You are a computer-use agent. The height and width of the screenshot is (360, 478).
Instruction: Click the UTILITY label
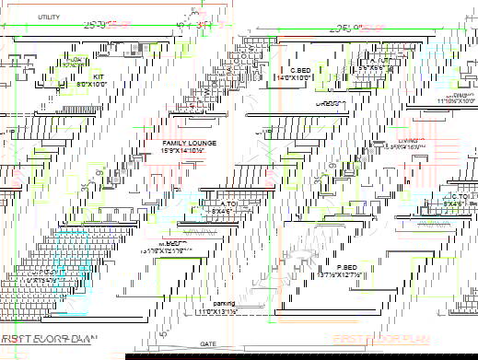point(49,17)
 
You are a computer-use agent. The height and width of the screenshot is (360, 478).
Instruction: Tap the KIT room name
point(98,76)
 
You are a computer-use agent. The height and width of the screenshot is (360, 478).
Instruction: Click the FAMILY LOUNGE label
point(189,144)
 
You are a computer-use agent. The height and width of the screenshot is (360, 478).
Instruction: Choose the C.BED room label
point(299,71)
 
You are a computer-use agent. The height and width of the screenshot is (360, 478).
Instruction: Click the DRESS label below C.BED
point(325,104)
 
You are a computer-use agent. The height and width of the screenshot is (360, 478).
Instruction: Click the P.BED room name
point(332,267)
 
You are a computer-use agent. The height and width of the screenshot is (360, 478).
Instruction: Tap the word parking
point(224,303)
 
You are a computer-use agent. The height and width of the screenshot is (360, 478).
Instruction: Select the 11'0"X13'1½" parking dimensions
point(224,312)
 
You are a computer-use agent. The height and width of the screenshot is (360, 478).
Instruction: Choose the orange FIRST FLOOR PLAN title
point(381,339)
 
